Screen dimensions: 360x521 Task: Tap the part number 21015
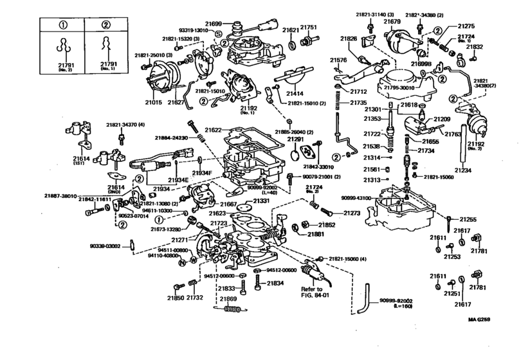(x=154, y=103)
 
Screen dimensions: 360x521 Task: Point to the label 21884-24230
(x=170, y=137)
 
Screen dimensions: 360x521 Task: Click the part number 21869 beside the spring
(x=228, y=299)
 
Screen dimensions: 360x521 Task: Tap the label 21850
(x=176, y=298)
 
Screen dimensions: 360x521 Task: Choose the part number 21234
(x=464, y=170)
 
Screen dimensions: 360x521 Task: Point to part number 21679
(x=392, y=22)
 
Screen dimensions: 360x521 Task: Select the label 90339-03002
(x=106, y=246)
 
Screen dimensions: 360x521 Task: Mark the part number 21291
(x=295, y=138)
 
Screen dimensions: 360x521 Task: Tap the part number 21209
(x=441, y=119)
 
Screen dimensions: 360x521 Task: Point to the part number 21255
(x=468, y=220)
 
